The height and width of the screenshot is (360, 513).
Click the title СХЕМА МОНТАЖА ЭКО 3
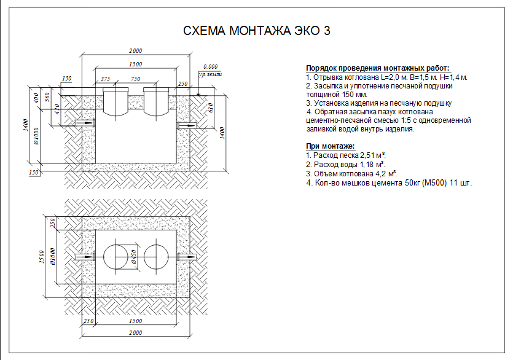click(x=257, y=31)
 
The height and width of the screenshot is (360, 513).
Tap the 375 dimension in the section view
click(x=105, y=79)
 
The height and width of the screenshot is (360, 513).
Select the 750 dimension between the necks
click(x=135, y=79)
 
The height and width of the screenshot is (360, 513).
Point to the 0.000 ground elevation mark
click(x=210, y=67)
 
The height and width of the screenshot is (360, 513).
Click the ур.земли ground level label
click(x=210, y=74)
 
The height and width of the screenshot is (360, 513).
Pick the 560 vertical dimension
click(x=47, y=97)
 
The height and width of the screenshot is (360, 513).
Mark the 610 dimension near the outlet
click(x=211, y=108)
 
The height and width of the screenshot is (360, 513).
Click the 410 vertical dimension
click(x=57, y=109)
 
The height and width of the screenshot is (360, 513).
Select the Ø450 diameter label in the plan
click(x=133, y=257)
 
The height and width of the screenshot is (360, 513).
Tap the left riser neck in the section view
click(x=116, y=101)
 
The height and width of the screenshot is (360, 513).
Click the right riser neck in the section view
click(x=156, y=101)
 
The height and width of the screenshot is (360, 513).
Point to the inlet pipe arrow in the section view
click(x=86, y=123)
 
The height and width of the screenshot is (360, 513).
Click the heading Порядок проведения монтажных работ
click(x=378, y=68)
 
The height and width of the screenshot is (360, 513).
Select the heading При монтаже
click(x=331, y=146)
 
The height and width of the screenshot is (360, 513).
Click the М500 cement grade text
click(x=434, y=183)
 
